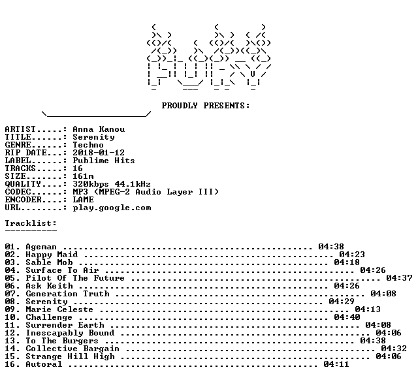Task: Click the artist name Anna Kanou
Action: click(99, 129)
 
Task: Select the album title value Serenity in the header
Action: click(93, 137)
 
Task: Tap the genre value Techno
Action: click(88, 145)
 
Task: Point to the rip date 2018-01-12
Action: click(99, 153)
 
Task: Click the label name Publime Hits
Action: click(104, 161)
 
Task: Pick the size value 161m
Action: click(83, 176)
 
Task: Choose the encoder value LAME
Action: click(83, 200)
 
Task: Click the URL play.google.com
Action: click(112, 208)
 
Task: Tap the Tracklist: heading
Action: click(31, 223)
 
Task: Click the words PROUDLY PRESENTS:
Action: click(206, 106)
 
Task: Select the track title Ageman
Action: click(41, 247)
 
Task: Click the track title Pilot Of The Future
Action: click(75, 278)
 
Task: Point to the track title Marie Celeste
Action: click(59, 309)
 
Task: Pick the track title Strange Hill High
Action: click(70, 356)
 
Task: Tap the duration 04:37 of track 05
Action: click(399, 278)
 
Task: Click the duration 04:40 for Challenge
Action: click(347, 317)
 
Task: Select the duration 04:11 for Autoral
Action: click(336, 364)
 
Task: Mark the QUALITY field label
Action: click(23, 184)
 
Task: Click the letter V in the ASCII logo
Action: click(253, 74)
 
